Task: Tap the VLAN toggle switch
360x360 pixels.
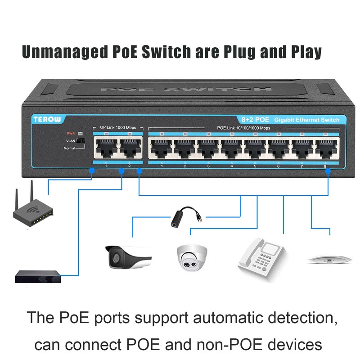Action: coord(81,141)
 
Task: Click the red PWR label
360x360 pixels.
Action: coord(70,134)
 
